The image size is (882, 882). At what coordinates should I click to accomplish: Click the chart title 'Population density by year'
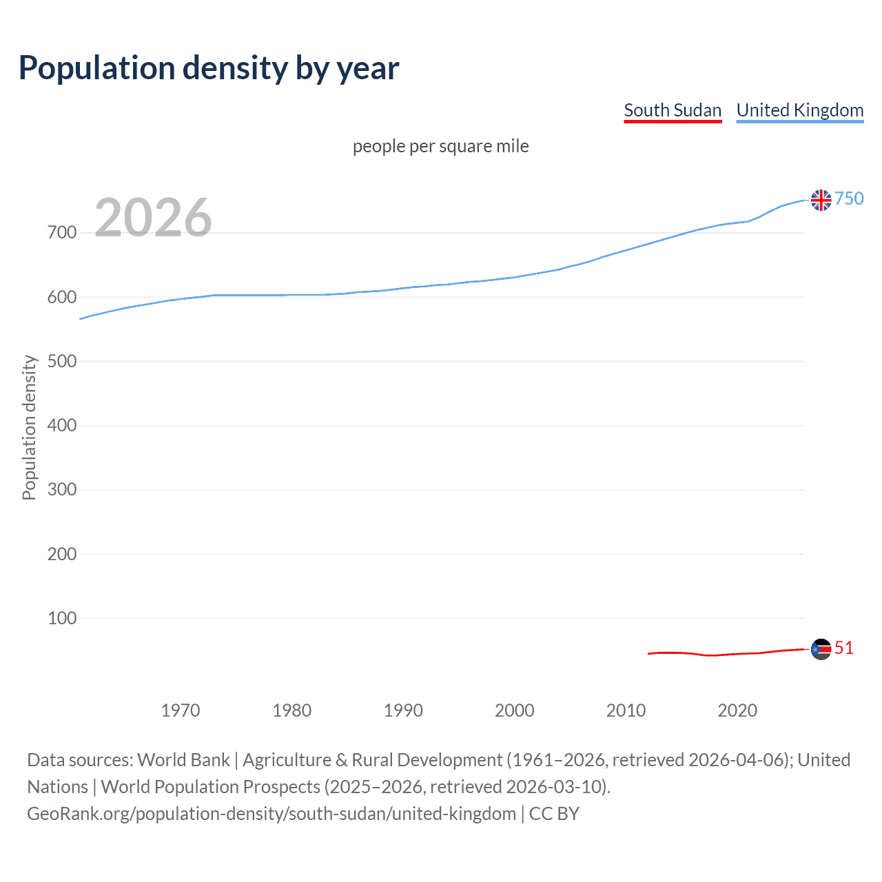(209, 68)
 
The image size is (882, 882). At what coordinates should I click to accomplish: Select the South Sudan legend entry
(672, 110)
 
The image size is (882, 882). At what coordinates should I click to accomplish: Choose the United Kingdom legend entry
(799, 110)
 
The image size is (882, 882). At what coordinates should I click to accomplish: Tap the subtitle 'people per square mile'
(440, 146)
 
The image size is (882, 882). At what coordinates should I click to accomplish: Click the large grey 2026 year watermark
(153, 218)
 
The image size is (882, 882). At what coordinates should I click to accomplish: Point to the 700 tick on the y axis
(62, 233)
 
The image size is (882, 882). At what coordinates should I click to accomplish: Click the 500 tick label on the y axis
(62, 361)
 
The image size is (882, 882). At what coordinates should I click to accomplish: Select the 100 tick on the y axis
(62, 618)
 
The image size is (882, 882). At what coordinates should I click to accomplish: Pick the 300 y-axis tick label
(62, 490)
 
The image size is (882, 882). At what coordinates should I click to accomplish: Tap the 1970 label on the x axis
(180, 710)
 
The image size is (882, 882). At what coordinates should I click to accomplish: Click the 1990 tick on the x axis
(403, 710)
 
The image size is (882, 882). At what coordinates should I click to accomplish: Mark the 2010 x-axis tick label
(626, 710)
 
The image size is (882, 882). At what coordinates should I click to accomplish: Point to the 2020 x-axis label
(737, 710)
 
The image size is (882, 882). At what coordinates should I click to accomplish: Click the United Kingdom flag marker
(821, 200)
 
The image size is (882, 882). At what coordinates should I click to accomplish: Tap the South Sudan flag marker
(821, 649)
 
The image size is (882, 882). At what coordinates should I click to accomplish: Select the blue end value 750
(849, 198)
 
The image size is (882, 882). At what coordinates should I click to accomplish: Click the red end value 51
(844, 648)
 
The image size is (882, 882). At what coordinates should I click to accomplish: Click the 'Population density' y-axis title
(29, 427)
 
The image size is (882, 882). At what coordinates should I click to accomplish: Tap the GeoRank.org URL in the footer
(271, 814)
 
